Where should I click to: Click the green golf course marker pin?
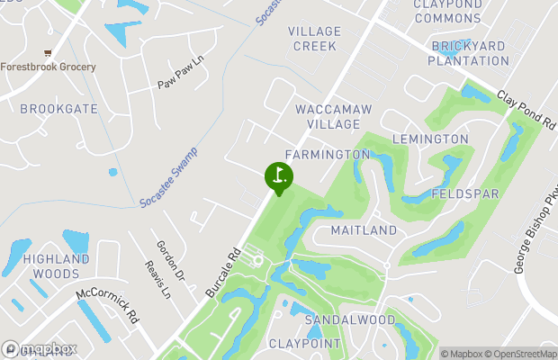279,176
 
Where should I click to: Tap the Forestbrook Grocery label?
49,67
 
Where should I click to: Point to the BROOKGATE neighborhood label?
58,108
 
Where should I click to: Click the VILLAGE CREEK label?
314,38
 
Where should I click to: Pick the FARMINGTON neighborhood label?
328,155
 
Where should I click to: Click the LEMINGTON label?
430,139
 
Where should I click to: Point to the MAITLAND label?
364,231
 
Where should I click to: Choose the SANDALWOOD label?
350,320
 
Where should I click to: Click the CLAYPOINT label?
305,344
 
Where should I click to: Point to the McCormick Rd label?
108,305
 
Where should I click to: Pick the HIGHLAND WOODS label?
56,265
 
